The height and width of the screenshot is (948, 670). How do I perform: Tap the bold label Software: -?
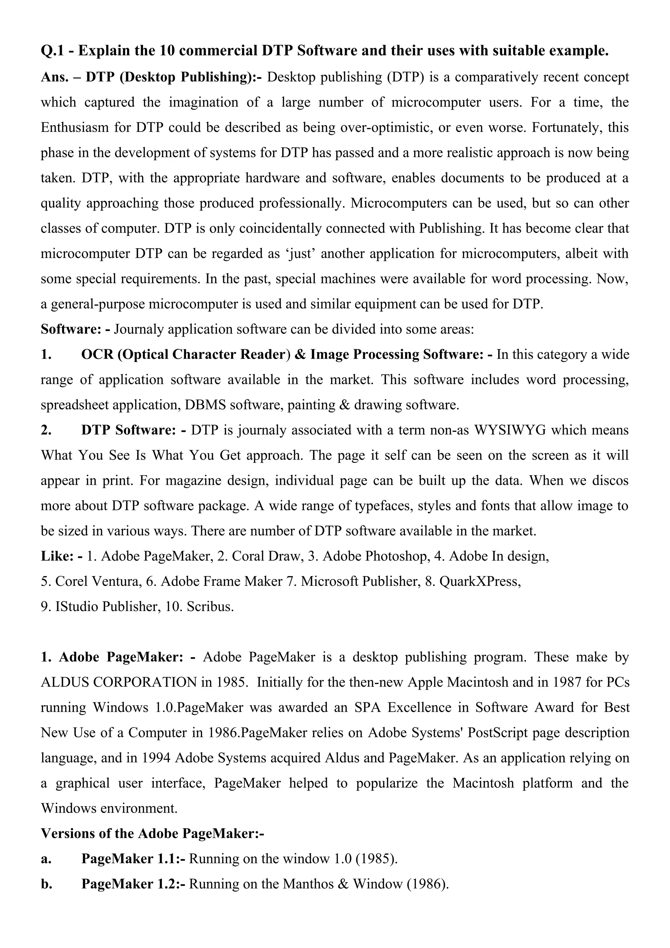point(76,329)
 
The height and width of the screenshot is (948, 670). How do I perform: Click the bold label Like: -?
point(62,556)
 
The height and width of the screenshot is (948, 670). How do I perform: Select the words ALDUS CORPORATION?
point(119,682)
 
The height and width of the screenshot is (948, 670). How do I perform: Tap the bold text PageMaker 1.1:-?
point(133,858)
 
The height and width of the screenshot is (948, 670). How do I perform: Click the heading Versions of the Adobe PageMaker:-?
point(152,833)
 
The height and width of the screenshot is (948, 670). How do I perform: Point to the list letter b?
point(46,884)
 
